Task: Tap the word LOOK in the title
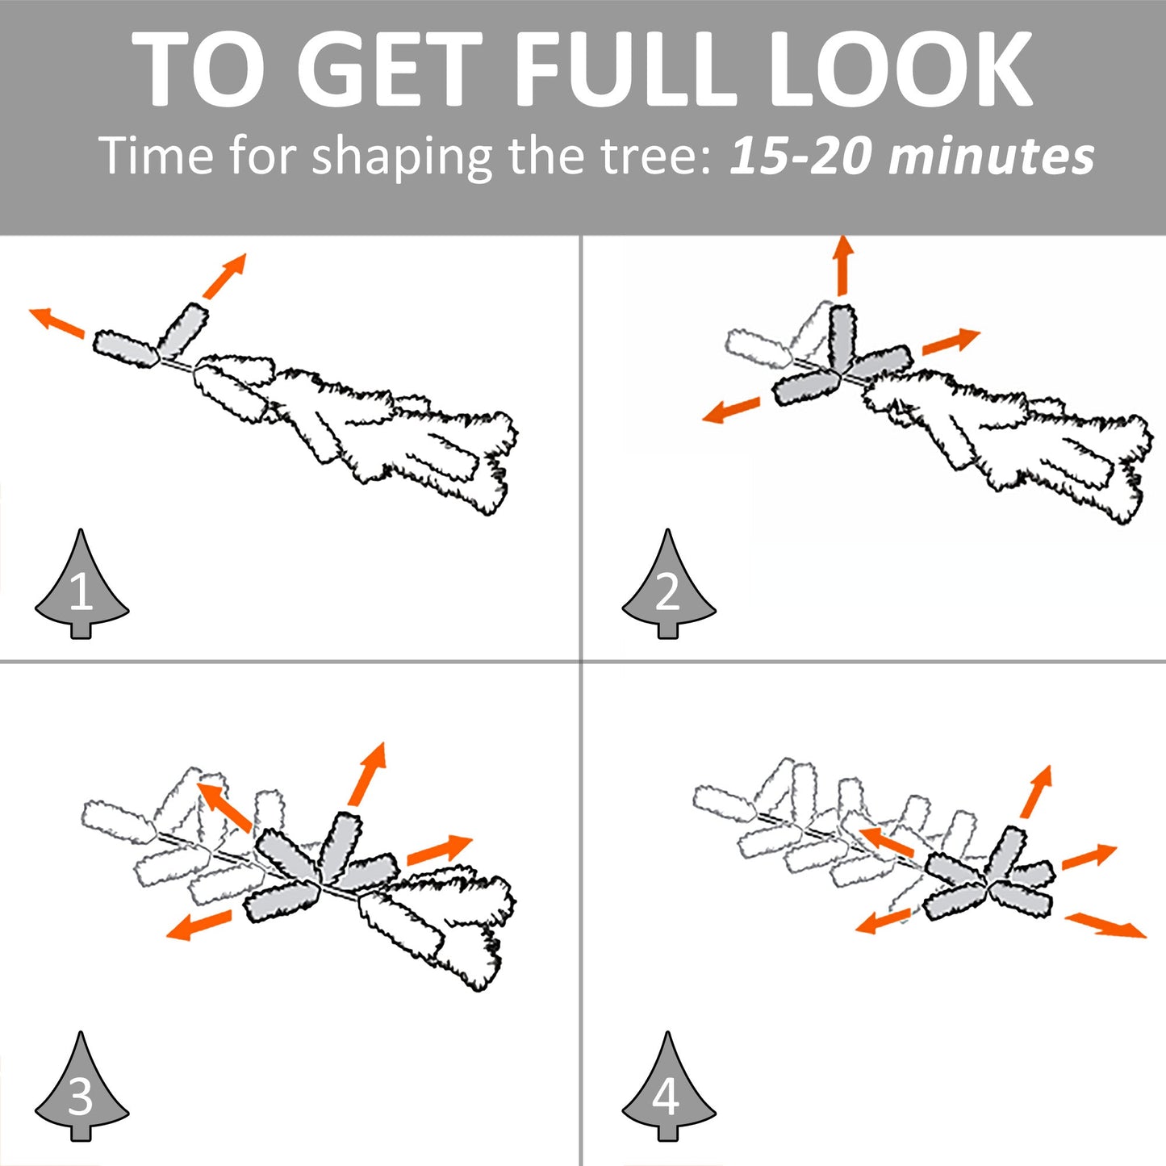901,69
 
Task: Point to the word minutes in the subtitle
991,157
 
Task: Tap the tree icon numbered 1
81,584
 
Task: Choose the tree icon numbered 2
669,584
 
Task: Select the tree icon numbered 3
81,1087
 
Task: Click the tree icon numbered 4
669,1087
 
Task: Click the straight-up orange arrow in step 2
842,266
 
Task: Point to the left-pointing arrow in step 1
57,322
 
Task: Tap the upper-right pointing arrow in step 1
224,276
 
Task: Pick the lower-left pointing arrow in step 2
731,410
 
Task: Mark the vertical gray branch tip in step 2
842,336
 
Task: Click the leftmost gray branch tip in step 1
127,349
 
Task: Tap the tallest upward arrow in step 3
367,775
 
